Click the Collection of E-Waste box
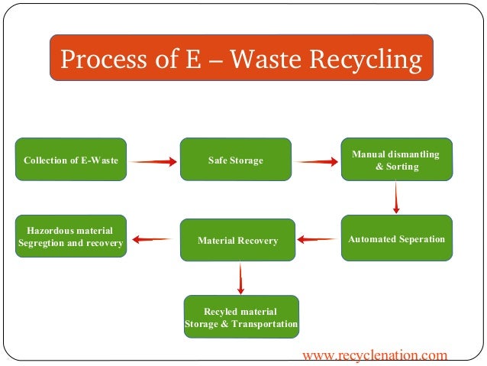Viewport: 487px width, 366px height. pos(70,160)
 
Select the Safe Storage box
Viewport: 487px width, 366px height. pos(235,160)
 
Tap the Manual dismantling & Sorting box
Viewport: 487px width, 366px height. pos(396,160)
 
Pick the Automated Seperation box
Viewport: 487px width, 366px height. pos(396,239)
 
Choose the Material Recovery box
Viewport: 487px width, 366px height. pos(237,240)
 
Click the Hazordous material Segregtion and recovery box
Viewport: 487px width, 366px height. pos(70,237)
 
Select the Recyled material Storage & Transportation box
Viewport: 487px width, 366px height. pos(241,317)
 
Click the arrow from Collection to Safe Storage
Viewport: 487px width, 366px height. pos(153,161)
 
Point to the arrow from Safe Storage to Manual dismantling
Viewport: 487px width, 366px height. pos(316,161)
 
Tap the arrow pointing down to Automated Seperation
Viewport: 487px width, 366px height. pos(396,198)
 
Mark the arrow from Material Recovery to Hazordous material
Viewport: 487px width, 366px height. pos(153,240)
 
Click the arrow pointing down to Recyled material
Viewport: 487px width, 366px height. pos(240,279)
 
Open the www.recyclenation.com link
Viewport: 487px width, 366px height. pos(375,355)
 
